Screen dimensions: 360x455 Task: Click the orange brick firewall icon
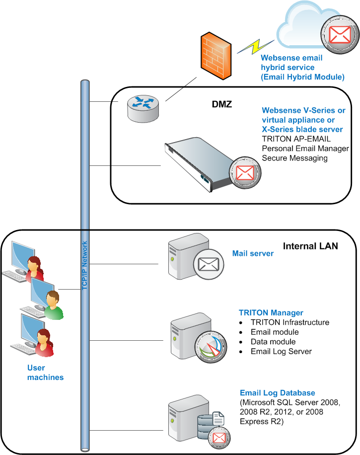(216, 56)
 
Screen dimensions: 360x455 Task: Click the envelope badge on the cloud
(340, 35)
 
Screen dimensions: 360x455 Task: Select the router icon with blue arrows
(143, 108)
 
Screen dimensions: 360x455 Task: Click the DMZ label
(222, 104)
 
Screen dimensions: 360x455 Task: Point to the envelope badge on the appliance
(245, 173)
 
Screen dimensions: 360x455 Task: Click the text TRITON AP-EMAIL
(296, 139)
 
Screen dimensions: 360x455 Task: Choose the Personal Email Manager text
(305, 149)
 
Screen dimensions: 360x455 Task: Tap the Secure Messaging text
(295, 158)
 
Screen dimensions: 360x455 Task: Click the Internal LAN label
(310, 246)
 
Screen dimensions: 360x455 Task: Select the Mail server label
(253, 253)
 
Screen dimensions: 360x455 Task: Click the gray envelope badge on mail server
(209, 264)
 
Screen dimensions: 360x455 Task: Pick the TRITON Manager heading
(271, 312)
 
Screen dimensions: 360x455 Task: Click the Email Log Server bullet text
(281, 351)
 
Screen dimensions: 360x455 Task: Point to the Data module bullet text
(273, 342)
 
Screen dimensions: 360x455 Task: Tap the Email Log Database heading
(278, 393)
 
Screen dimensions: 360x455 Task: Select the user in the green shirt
(53, 305)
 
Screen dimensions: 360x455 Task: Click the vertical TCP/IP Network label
(84, 266)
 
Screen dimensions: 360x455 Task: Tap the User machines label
(45, 373)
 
